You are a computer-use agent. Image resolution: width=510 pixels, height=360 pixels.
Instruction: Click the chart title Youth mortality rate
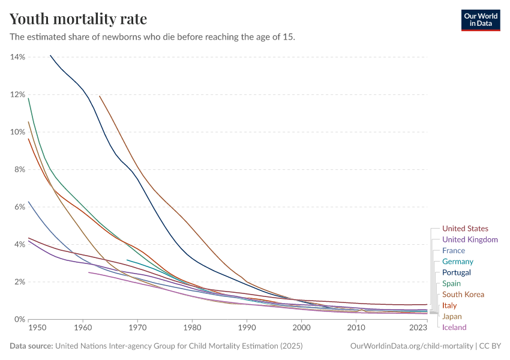coord(78,19)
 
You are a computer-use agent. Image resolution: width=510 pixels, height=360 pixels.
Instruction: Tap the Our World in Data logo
coord(480,20)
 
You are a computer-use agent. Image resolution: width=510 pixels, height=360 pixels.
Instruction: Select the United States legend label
coord(465,229)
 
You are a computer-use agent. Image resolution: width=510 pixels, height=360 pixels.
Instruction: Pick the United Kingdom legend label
coord(470,239)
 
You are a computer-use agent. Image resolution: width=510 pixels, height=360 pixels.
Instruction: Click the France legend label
coord(453,250)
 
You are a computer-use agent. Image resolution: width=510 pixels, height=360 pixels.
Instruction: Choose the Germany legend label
coord(458,262)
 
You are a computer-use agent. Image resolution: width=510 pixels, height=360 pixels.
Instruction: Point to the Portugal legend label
coord(456,272)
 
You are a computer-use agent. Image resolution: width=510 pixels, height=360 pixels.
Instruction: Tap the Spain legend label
coord(452,283)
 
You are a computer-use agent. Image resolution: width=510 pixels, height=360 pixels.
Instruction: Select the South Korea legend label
coord(463,294)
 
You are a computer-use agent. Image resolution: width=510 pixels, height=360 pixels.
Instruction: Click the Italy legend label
coord(449,305)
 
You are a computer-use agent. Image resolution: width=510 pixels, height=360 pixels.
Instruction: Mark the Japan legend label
coord(452,316)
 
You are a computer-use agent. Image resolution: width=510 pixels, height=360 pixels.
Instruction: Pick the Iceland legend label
coord(454,327)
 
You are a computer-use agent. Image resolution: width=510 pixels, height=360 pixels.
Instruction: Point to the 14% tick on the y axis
coord(17,57)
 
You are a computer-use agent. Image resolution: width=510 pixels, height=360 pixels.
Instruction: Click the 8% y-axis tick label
coord(17,169)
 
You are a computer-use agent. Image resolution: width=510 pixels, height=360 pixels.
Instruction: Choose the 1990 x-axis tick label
coord(247,328)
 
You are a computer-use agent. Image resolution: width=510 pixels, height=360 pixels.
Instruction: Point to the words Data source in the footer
coord(31,346)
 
